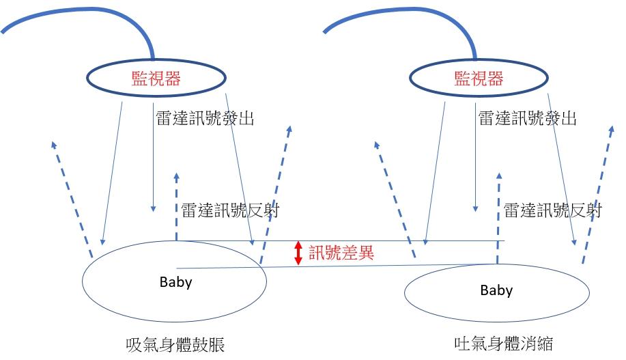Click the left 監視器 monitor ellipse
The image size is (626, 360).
(x=156, y=79)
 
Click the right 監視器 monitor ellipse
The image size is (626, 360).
(x=479, y=79)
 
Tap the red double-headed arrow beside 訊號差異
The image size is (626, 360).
(x=298, y=253)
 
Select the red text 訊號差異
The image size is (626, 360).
(x=341, y=253)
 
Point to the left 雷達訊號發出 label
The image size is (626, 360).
(x=205, y=118)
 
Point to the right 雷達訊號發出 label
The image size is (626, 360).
(x=527, y=118)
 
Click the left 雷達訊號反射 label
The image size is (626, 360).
(x=230, y=210)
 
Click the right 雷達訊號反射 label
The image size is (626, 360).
(x=552, y=210)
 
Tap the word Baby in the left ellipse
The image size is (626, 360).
(x=175, y=282)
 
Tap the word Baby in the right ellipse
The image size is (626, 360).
(x=496, y=290)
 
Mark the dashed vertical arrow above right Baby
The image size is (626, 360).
(x=498, y=219)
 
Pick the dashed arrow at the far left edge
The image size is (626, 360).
(x=72, y=198)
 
